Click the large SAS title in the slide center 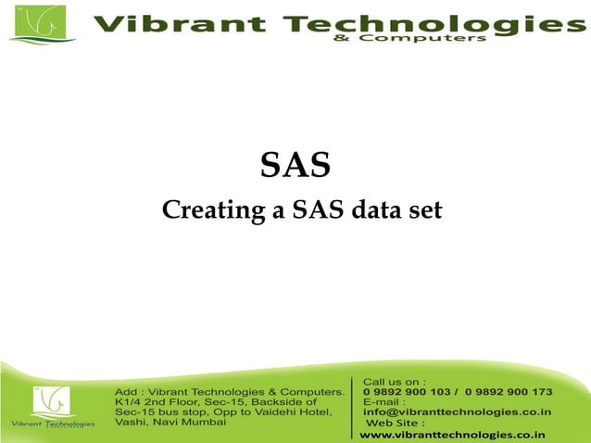coord(295,166)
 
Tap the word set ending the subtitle coord(422,211)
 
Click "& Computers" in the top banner coord(434,39)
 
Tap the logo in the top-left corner coord(36,23)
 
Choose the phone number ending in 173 coord(509,392)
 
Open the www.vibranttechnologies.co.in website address coord(452,434)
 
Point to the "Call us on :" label coord(395,381)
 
